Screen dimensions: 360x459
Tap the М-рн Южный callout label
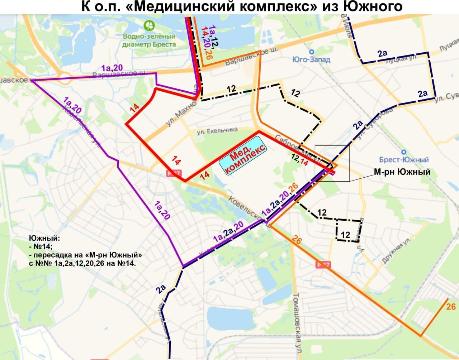coord(402,172)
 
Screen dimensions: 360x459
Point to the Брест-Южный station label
coord(404,159)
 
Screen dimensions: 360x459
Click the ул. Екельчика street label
coord(217,131)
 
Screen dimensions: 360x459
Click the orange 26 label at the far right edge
coord(451,307)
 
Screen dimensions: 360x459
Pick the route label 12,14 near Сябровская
coord(299,159)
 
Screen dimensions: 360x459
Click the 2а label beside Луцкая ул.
coord(382,54)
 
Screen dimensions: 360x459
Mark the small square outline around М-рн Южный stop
coord(332,163)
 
